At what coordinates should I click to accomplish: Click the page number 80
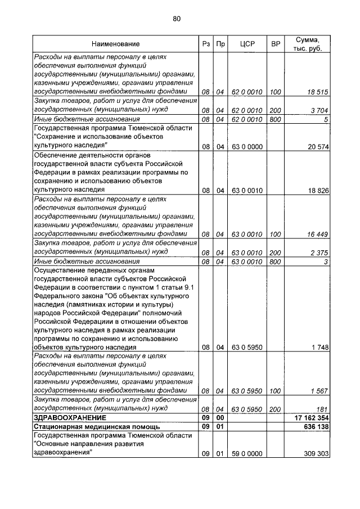[177, 19]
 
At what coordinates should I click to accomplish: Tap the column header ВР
[276, 44]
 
